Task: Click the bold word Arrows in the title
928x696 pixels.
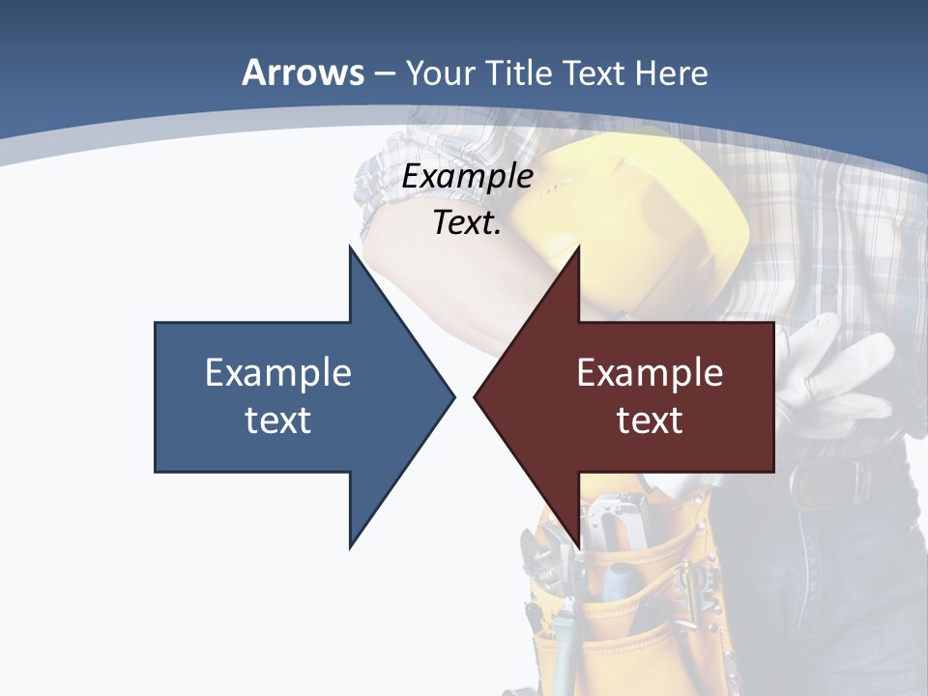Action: click(x=303, y=72)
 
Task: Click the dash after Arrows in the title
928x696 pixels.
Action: click(x=384, y=73)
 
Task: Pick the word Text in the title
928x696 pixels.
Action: click(x=595, y=72)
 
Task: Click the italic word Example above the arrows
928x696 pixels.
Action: click(x=467, y=177)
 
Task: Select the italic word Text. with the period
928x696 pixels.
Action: click(x=467, y=223)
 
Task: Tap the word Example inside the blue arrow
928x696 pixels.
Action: click(x=278, y=373)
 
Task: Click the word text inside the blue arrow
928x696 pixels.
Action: click(x=278, y=420)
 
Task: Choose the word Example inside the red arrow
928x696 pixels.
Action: click(x=650, y=373)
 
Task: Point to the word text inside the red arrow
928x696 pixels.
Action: click(x=650, y=420)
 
